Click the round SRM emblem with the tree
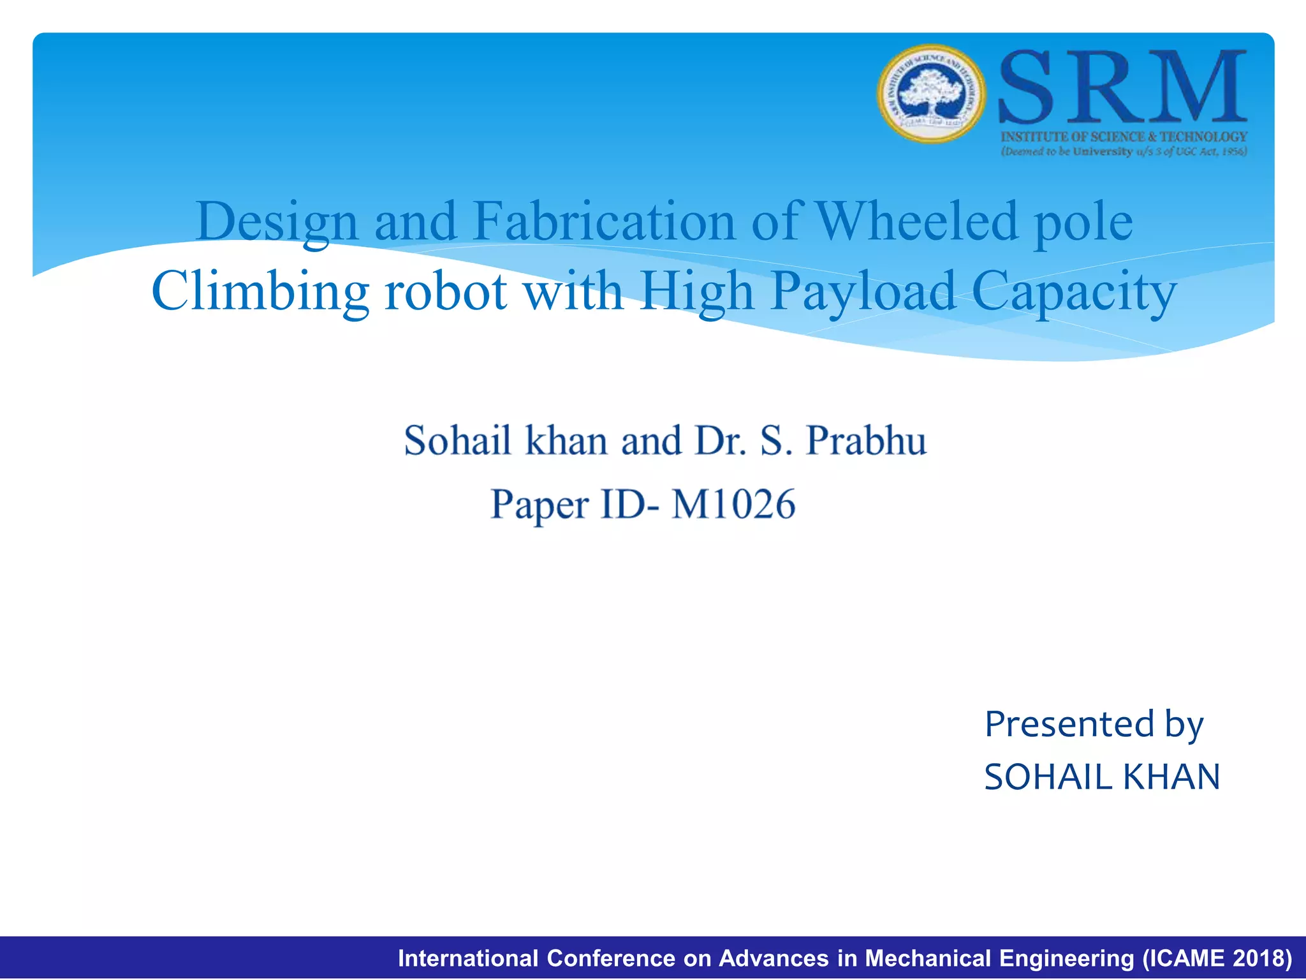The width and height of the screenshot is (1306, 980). (x=932, y=94)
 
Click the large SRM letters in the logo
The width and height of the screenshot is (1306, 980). (x=1122, y=88)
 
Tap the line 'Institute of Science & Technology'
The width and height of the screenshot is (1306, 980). (x=1124, y=137)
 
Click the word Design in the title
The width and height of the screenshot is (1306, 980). (x=277, y=222)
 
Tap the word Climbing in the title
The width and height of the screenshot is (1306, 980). (x=260, y=292)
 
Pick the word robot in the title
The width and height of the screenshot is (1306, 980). (x=445, y=292)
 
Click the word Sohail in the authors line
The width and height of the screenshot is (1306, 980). (x=457, y=440)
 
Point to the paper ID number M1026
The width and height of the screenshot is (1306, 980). (x=733, y=504)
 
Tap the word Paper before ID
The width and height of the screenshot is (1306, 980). (x=539, y=505)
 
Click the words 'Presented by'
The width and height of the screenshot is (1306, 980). (x=1094, y=724)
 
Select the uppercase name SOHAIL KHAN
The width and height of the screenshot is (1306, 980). (x=1102, y=777)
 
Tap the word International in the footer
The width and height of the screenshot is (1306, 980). (x=469, y=958)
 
